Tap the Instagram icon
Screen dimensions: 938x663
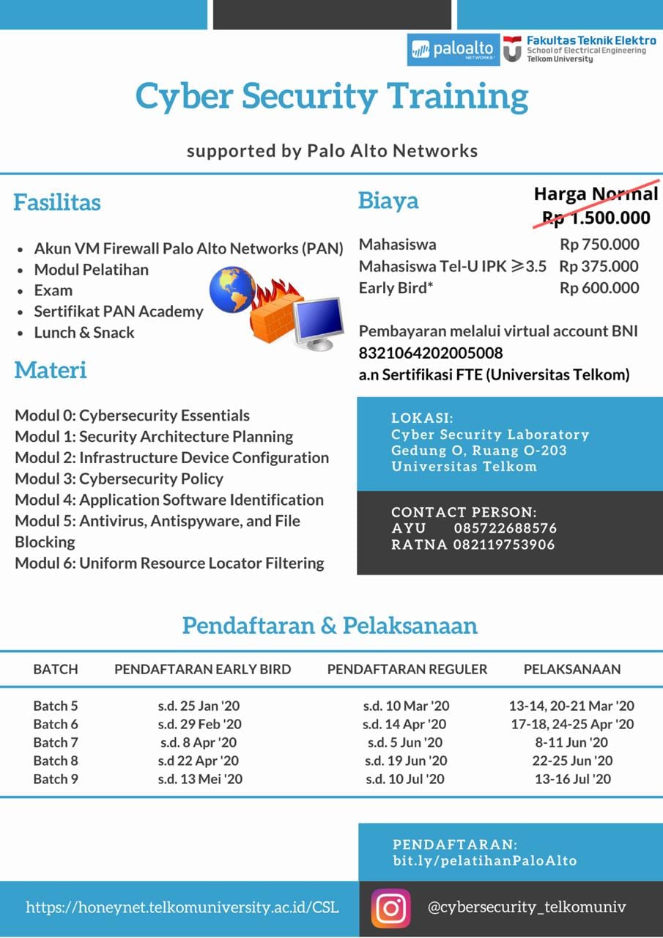pos(390,908)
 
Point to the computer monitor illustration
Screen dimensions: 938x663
pos(318,322)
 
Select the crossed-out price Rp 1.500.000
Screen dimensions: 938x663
pos(596,217)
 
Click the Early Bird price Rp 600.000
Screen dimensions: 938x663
pos(599,288)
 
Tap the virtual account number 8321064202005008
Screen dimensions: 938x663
pos(431,353)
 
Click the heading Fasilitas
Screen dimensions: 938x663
pos(57,202)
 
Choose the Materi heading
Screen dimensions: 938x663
pos(51,370)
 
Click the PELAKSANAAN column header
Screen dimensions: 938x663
pos(571,669)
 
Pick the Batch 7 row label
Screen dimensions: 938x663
pos(55,742)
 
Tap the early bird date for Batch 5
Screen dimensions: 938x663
pos(199,706)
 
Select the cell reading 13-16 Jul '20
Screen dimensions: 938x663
pos(572,779)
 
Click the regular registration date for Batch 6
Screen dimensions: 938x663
pos(405,724)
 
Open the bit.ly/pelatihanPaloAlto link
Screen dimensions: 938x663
pos(484,861)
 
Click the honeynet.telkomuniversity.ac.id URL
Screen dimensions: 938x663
pos(182,907)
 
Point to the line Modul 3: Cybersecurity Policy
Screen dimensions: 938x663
pos(119,479)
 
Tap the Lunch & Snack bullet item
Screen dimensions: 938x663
pos(84,332)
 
